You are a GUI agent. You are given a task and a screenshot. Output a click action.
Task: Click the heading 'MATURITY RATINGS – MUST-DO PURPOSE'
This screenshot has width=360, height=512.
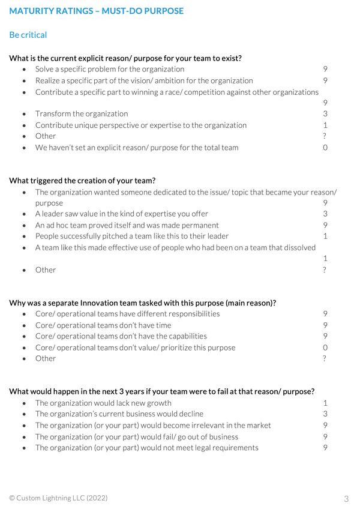pos(97,11)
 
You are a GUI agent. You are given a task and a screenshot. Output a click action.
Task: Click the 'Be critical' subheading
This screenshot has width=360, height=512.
pos(28,35)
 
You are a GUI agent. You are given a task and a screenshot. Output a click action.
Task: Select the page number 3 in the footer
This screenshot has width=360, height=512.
pos(346,498)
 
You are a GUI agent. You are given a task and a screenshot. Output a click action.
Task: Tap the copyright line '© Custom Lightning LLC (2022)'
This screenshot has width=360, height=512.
pos(59,498)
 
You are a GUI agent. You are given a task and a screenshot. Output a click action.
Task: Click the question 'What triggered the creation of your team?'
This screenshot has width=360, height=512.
pos(83,181)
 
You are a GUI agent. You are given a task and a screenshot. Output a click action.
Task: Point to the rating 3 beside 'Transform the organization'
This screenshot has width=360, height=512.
pos(325,113)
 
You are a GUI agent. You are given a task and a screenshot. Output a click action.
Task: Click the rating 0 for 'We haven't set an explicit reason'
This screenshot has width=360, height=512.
pos(325,147)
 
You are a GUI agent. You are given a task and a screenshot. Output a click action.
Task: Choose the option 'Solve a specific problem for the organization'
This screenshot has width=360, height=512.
pos(110,69)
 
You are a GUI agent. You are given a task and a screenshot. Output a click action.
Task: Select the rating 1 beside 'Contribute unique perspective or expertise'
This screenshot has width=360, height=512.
pos(325,125)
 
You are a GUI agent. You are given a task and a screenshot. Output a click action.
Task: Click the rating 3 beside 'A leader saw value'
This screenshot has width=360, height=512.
pos(325,214)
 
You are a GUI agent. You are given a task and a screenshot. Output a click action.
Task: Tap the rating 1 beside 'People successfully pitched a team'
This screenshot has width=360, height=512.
pos(325,236)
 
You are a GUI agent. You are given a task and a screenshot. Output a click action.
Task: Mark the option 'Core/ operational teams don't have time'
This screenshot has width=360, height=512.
pos(103,325)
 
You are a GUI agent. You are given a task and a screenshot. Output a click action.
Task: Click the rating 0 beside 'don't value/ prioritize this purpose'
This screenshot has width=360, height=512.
pos(325,348)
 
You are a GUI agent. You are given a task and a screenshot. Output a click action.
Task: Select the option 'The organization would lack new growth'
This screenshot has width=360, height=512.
pos(103,403)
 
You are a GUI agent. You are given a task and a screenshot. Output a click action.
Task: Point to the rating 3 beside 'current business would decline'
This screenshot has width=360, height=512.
pos(325,414)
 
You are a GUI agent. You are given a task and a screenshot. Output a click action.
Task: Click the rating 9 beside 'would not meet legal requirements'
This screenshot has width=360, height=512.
pos(325,448)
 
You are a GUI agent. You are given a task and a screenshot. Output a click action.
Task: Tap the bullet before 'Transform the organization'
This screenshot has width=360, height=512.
pos(24,114)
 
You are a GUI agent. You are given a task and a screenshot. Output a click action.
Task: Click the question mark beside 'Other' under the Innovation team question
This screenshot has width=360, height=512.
pos(325,358)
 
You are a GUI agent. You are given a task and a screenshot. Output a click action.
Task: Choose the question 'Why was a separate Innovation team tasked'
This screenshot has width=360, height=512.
pos(143,303)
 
